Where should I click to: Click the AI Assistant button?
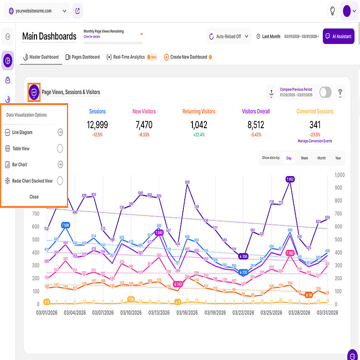[338, 36]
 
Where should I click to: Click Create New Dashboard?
[188, 57]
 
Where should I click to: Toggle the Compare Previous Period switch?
[325, 92]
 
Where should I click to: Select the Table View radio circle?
[60, 149]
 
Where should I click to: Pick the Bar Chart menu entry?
[20, 164]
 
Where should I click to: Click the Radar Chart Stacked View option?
[32, 181]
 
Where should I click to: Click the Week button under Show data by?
[304, 158]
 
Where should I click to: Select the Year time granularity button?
[337, 158]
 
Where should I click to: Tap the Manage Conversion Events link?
[315, 141]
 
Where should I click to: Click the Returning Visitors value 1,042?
[199, 125]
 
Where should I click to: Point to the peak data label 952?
[290, 179]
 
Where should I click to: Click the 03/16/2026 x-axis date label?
[187, 312]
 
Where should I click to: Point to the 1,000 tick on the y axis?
[339, 175]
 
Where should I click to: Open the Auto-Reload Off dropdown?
[229, 36]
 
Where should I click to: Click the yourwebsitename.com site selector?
[36, 10]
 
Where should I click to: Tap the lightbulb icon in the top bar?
[332, 10]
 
